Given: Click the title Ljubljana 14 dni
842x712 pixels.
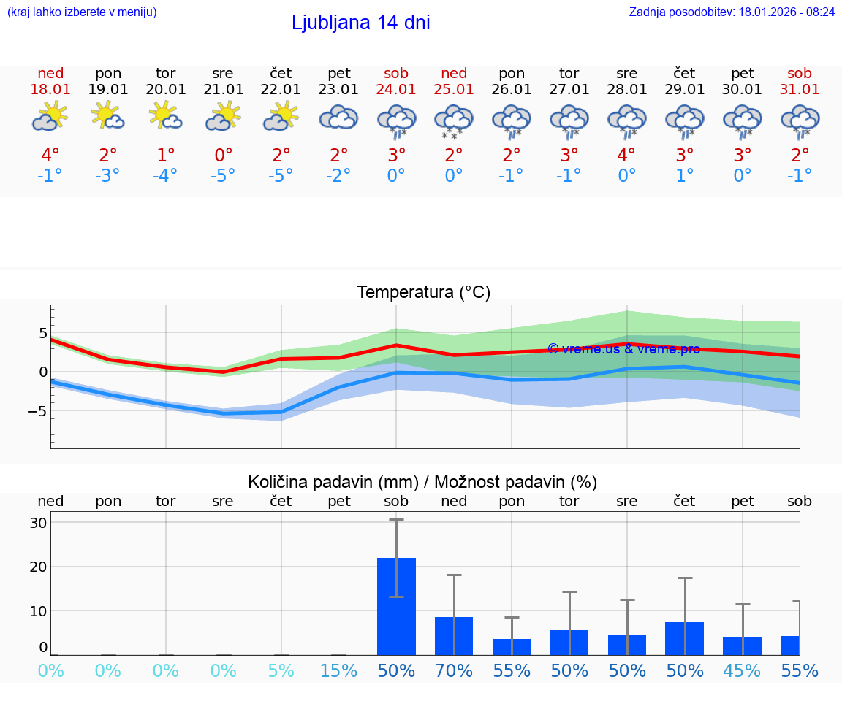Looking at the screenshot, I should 360,23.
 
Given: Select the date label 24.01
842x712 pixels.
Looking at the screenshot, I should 396,89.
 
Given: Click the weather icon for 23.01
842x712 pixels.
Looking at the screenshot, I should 338,118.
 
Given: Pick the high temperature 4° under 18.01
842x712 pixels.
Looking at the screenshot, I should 50,155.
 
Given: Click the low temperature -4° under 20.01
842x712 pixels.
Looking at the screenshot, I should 165,176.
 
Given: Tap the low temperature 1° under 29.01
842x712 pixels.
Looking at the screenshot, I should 684,176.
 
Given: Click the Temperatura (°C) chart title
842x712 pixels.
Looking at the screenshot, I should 423,293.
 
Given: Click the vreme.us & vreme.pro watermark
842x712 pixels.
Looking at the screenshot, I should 623,349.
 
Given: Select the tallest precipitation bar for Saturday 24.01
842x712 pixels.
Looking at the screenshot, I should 396,606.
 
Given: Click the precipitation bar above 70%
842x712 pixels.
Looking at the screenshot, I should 454,636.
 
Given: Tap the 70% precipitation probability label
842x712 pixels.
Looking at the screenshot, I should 454,670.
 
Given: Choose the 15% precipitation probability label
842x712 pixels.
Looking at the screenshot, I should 338,670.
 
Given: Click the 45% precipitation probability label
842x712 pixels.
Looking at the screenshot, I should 742,670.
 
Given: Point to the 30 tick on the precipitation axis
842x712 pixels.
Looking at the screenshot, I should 38,523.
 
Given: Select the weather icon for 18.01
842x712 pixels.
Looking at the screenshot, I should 50,116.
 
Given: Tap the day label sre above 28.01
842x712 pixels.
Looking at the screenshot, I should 626,73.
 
